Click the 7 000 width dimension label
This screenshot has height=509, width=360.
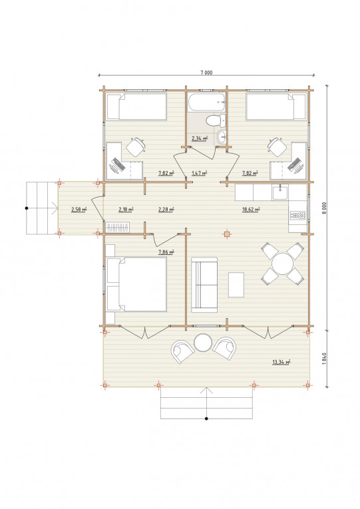206,73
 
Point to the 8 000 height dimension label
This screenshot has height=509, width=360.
324,208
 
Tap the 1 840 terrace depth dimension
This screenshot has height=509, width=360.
324,359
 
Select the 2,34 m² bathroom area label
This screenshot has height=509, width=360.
200,138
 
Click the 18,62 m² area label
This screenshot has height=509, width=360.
251,210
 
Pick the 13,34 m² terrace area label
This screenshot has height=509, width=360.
281,362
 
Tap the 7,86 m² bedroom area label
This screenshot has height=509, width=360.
166,252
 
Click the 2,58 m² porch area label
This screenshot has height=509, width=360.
79,210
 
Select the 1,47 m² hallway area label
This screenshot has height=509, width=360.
200,173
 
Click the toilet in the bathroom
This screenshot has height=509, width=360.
216,120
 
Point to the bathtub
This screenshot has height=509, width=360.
207,102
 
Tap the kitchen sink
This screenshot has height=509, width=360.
280,192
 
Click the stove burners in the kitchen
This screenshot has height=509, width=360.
297,215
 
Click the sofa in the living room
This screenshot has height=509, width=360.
204,285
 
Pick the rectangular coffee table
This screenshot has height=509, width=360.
236,285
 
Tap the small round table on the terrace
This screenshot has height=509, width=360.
203,343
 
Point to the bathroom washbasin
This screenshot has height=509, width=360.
222,136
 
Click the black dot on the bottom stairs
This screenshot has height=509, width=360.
206,419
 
